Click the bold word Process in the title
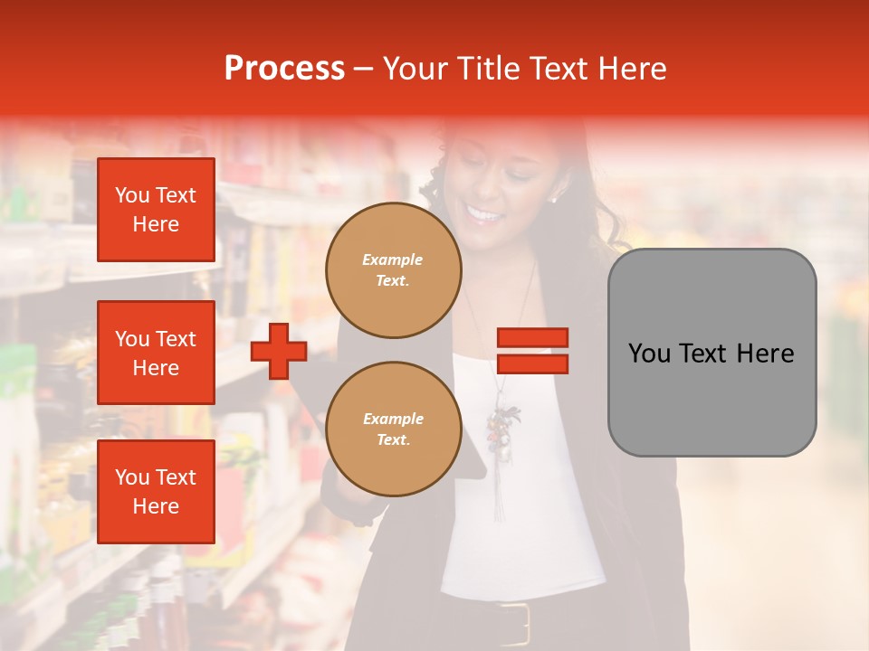[x=284, y=69]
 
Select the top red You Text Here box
[x=156, y=210]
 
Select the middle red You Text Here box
[x=156, y=353]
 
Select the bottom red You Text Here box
[x=156, y=492]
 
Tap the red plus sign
[x=279, y=351]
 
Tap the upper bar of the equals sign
[x=532, y=338]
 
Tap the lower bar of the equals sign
[x=532, y=363]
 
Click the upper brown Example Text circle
[x=393, y=270]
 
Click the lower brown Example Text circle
[x=393, y=429]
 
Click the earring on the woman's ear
[x=554, y=196]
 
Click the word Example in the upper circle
[x=392, y=259]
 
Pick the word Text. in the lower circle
[x=393, y=440]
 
